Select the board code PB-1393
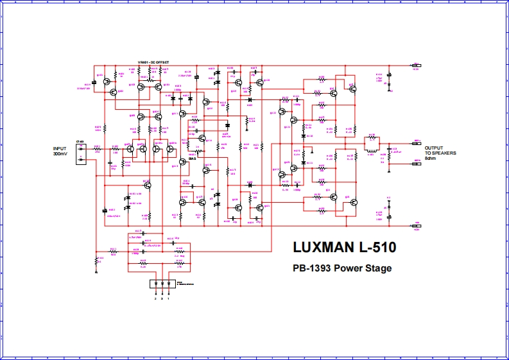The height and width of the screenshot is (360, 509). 310,268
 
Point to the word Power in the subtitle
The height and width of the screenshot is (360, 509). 347,268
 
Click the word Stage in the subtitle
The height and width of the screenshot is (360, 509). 379,268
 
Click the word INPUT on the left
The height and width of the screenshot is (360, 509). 60,149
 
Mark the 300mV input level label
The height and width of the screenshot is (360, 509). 60,153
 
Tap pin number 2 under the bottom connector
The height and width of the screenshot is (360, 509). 155,299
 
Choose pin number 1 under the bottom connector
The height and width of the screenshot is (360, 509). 168,299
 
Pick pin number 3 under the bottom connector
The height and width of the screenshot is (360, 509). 162,299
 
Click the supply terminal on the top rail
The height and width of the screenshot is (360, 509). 416,65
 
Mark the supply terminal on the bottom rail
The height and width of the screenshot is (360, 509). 416,226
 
